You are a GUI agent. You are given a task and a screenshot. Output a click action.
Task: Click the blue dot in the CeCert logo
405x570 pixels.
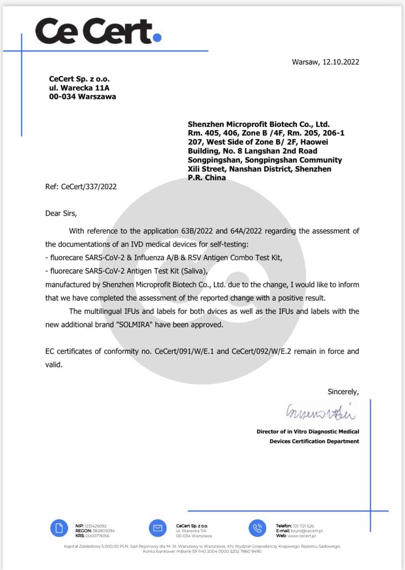pos(157,38)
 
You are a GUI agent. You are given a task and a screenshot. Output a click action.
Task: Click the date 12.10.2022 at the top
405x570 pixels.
pos(341,62)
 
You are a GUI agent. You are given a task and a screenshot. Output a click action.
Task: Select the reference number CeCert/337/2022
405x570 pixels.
pos(89,187)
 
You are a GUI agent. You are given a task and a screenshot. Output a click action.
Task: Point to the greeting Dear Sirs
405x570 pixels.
pos(61,213)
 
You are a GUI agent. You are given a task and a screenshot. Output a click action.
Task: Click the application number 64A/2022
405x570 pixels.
pos(246,231)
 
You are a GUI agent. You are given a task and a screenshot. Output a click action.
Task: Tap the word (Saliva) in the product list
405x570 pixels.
pos(194,271)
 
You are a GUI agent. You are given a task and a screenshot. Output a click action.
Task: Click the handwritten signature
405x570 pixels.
pos(320,413)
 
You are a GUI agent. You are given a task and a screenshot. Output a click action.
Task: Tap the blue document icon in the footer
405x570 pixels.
pos(59,528)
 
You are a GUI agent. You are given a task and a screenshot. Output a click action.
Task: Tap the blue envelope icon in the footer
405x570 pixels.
pos(158,528)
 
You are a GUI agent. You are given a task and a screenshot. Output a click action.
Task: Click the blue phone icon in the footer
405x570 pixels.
pos(257,528)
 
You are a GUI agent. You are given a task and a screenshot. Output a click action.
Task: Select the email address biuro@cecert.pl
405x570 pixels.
pos(307,531)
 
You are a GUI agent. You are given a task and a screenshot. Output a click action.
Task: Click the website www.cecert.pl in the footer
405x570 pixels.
pos(301,536)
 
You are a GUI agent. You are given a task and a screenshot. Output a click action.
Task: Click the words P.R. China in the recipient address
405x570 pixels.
pos(206,178)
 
